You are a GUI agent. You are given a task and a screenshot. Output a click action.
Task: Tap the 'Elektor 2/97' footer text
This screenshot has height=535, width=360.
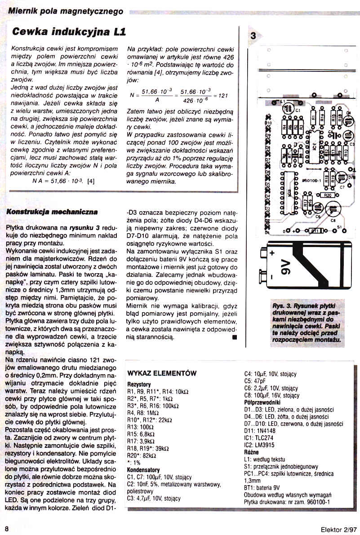click(x=338, y=528)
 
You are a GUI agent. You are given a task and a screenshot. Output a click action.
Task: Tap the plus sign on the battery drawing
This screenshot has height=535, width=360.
click(x=272, y=253)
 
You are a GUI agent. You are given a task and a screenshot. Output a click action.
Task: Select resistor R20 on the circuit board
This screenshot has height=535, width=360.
click(x=327, y=195)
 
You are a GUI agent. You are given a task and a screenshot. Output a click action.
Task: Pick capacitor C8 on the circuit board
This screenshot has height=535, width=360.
click(x=333, y=211)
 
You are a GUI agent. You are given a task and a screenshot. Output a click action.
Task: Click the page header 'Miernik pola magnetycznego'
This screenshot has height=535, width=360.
click(x=66, y=10)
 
